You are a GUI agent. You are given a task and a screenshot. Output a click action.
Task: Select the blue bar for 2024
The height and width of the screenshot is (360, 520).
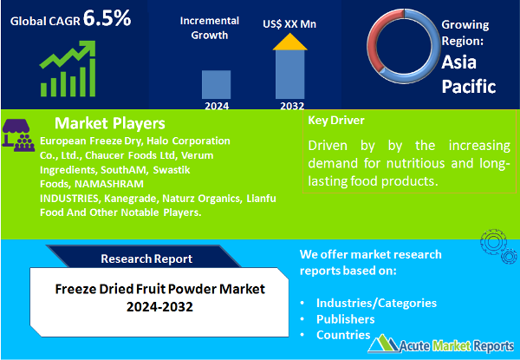click(x=217, y=84)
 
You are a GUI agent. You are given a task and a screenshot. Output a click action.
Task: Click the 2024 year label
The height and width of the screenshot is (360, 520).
click(x=217, y=107)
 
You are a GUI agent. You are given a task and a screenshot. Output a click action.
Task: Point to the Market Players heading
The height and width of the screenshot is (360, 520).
click(x=109, y=123)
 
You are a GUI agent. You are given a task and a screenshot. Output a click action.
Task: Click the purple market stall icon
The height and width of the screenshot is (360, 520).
click(x=19, y=133)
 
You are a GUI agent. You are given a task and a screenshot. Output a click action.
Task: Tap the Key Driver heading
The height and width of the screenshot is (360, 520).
click(x=336, y=121)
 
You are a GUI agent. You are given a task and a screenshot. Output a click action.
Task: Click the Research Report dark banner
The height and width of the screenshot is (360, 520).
click(x=143, y=259)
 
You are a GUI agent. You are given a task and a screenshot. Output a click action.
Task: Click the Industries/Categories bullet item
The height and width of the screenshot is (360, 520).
click(x=375, y=303)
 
